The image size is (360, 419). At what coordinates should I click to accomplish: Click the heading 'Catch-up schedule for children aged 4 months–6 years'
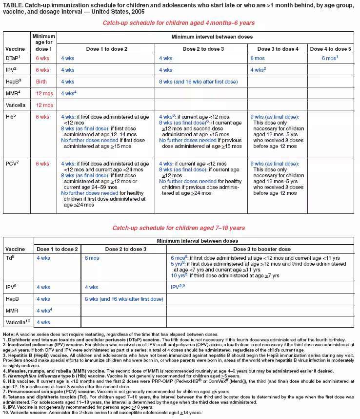(179, 23)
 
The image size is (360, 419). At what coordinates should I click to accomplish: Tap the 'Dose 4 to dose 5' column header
(330, 49)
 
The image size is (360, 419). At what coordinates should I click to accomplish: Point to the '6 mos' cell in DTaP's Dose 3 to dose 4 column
(258, 58)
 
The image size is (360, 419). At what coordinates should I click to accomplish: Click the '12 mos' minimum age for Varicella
(43, 105)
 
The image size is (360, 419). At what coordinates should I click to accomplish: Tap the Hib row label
(10, 117)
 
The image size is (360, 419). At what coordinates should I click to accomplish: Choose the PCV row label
(11, 164)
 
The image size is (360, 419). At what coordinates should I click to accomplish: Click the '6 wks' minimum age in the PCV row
(42, 164)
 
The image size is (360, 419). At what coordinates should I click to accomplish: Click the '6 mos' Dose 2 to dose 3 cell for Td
(92, 257)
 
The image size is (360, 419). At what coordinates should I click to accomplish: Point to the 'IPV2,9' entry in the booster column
(178, 287)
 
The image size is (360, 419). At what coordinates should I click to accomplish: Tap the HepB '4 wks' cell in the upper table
(68, 81)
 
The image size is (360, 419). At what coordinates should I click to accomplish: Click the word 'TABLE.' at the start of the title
(13, 5)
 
